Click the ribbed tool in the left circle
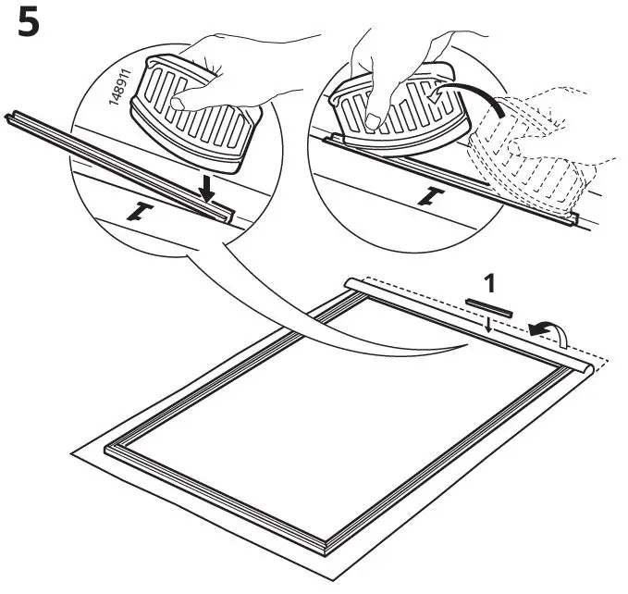pos(195,115)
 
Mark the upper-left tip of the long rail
pos(8,116)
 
